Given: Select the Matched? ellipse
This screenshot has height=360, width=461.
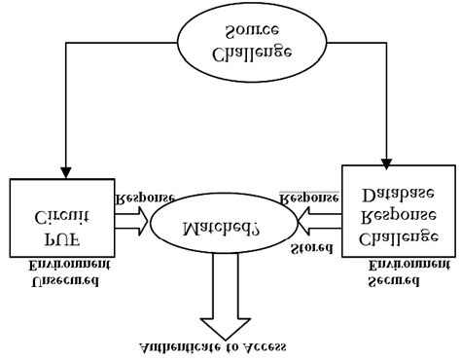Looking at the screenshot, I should pos(222,229).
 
